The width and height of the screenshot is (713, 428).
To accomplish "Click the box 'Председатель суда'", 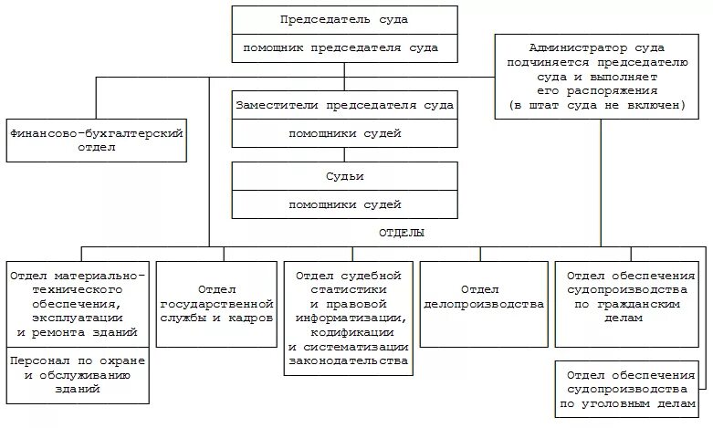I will tap(343, 19).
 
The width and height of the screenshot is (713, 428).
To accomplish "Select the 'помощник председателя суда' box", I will tap(343, 47).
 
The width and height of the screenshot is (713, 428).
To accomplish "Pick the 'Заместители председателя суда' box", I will tap(343, 106).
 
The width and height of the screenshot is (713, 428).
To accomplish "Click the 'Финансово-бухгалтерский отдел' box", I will tap(96, 139).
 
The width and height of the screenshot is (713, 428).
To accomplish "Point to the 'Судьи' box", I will tap(343, 176).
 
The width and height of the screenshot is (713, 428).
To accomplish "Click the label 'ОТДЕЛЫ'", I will tap(401, 234).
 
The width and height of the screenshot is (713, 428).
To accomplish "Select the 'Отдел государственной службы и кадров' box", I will tap(216, 304).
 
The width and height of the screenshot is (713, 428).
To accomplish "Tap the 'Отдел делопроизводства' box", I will tap(483, 304).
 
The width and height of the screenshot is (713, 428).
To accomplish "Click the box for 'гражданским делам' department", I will tap(630, 297).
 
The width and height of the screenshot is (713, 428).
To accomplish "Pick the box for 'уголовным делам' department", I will tap(630, 388).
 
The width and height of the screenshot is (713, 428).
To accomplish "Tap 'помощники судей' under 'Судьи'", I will tap(343, 204).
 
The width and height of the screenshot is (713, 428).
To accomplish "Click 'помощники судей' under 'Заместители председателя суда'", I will tap(343, 134).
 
